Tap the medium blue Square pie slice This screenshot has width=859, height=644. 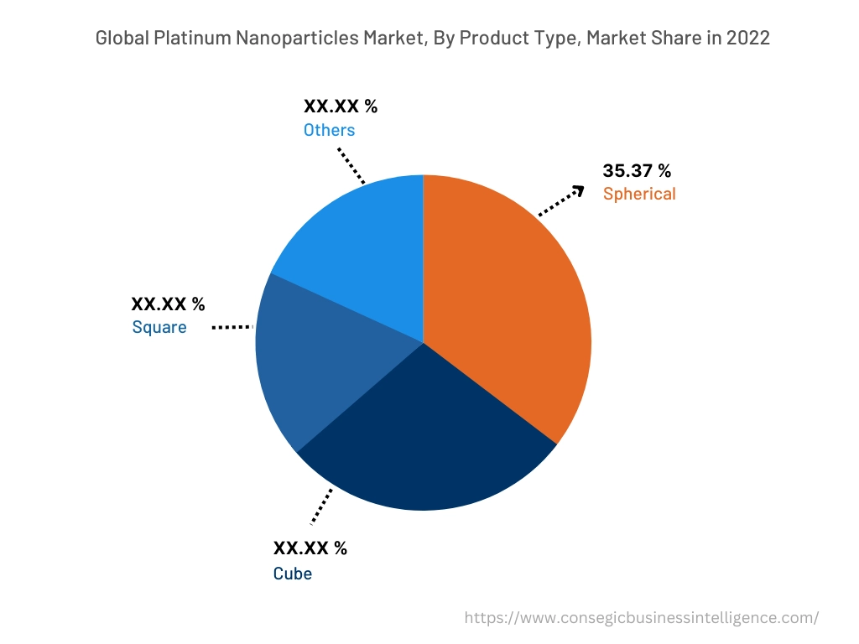pos(310,361)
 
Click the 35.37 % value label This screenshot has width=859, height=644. pos(637,171)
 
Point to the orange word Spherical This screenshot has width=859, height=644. pos(639,194)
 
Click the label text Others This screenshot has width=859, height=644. pos(329,130)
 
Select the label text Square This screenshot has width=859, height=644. pos(159,327)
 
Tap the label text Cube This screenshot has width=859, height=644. pos(293,574)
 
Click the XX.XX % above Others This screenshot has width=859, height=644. pos(341,106)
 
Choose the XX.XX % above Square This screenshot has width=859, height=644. pos(168,304)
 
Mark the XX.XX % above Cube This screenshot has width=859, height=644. pos(310,548)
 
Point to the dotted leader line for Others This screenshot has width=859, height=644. pos(351,165)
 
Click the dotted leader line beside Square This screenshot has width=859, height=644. pos(232,327)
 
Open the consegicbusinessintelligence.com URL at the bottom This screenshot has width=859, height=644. pos(641,618)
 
